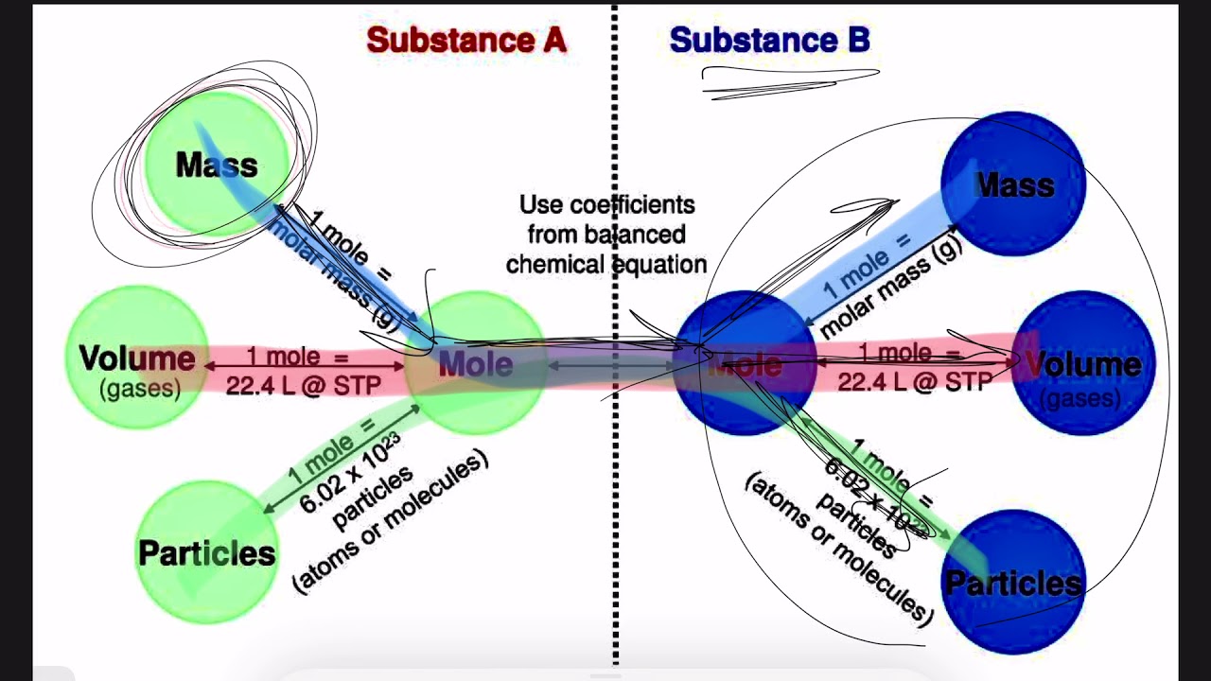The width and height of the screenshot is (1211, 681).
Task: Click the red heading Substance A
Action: coord(466,41)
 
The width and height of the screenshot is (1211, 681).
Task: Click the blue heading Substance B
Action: coord(769,41)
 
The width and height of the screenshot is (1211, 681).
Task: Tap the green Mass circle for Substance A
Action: coord(216,164)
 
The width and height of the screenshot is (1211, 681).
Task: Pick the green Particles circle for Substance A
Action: coord(206,553)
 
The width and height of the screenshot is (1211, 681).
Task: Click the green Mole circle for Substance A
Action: coord(476,363)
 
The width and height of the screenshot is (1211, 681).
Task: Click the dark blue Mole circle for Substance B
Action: coord(745,364)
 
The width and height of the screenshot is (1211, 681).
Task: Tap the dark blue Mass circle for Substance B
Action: coord(1014,184)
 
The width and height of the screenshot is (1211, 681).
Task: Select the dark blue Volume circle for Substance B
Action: coord(1083,364)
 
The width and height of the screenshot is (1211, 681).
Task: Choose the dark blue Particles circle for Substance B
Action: coord(1013,582)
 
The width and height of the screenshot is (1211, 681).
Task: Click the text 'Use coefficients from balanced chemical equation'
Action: coord(606,235)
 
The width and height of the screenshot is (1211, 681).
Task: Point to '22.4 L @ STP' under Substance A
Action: coord(303,385)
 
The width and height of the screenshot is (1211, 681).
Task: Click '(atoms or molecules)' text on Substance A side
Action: coord(391,521)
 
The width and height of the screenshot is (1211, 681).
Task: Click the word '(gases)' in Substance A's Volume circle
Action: coord(139,389)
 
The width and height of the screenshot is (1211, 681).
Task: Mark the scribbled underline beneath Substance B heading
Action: coord(790,81)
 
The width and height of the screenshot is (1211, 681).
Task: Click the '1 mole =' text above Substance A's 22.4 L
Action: coord(297,357)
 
